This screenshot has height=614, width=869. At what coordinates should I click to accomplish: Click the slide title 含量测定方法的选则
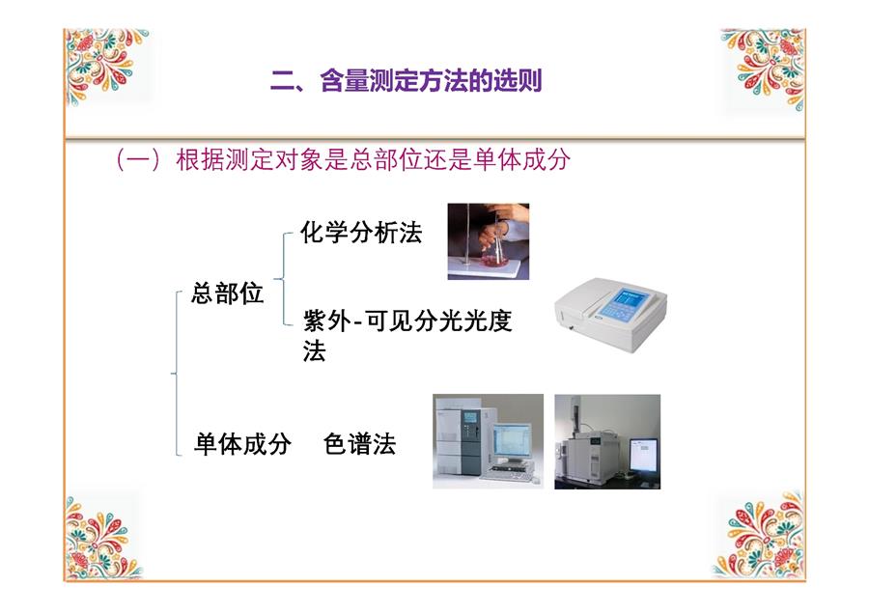pos(431,81)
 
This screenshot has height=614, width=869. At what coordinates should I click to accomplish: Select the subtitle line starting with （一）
pos(343,159)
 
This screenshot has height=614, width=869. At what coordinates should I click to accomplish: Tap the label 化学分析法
pos(361,233)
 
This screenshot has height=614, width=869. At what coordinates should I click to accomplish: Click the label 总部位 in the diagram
pos(227,293)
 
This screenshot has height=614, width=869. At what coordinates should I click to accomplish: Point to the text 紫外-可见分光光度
pos(407,321)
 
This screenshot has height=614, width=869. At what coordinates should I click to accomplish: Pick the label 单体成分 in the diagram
pos(242,444)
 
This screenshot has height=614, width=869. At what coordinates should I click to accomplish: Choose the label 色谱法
pos(360,444)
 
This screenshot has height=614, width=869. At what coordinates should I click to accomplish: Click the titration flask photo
pos(489,241)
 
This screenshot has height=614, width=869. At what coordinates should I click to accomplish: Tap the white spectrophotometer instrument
pos(610,314)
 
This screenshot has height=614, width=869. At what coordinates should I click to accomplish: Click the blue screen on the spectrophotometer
pos(629,304)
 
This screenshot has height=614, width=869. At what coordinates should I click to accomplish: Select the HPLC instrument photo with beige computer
pos(488,441)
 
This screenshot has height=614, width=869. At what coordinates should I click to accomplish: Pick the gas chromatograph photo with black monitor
pos(607,441)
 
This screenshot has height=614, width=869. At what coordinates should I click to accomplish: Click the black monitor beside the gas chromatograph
pos(643,455)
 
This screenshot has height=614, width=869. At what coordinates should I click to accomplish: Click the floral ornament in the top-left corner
pos(105,67)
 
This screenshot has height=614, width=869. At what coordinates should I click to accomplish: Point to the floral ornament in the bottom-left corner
pos(102,538)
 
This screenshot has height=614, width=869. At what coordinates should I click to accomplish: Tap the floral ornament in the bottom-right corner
pos(761,535)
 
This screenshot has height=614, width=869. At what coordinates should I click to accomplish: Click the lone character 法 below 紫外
pos(314,351)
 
